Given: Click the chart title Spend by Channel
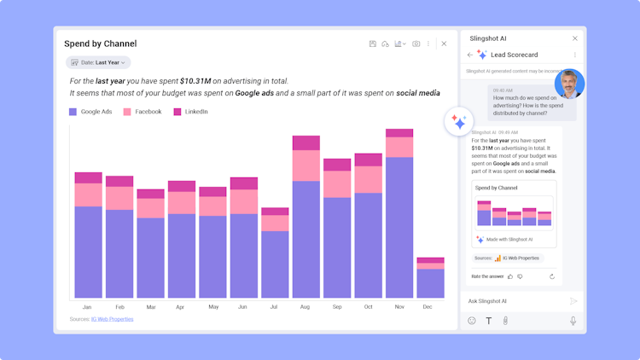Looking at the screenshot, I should (x=100, y=44).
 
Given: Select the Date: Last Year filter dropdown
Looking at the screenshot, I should (x=99, y=62).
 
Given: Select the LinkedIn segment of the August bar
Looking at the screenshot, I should (x=305, y=142).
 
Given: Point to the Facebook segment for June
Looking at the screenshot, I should (x=243, y=201).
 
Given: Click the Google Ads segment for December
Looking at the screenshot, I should (x=430, y=283).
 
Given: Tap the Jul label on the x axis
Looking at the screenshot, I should (x=274, y=307).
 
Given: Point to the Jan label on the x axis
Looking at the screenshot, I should (x=87, y=307).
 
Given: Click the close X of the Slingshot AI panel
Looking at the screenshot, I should (x=574, y=38).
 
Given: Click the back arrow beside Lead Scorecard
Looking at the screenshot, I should (x=469, y=55).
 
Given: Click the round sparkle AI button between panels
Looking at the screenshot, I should (x=459, y=122).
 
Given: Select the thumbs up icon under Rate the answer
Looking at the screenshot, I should (x=510, y=276).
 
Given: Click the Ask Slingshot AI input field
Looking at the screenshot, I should (x=512, y=301).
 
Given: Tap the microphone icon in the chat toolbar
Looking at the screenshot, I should (x=573, y=321).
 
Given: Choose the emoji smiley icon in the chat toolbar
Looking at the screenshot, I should (x=472, y=321).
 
